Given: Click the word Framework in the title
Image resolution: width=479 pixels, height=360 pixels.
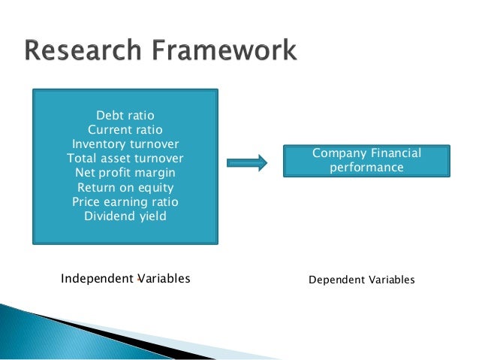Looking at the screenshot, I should pyautogui.click(x=224, y=52).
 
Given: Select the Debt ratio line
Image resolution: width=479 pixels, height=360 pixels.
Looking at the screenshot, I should pyautogui.click(x=125, y=116).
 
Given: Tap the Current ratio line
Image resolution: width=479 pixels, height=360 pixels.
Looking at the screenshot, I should pyautogui.click(x=125, y=130).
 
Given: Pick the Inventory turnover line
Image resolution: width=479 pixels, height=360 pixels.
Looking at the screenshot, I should pyautogui.click(x=125, y=144).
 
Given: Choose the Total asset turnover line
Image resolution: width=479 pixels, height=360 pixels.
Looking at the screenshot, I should pyautogui.click(x=125, y=159).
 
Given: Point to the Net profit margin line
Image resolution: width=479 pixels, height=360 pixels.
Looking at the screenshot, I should pyautogui.click(x=125, y=173).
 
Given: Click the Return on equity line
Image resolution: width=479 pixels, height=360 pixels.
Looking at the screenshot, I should pyautogui.click(x=125, y=188).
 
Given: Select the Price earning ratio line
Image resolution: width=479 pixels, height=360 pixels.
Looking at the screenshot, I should pyautogui.click(x=125, y=202).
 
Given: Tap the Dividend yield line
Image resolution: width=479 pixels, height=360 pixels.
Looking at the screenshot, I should pyautogui.click(x=125, y=216).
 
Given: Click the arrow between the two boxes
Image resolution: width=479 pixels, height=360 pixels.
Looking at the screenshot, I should pyautogui.click(x=247, y=162).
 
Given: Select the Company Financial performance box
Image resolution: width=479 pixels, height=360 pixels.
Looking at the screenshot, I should pyautogui.click(x=366, y=160).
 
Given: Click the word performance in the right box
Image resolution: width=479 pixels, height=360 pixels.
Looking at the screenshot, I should pyautogui.click(x=366, y=168).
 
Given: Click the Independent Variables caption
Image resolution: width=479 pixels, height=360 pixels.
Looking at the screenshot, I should pyautogui.click(x=125, y=279).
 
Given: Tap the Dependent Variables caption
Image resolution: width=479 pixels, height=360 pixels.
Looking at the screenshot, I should pyautogui.click(x=362, y=280).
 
